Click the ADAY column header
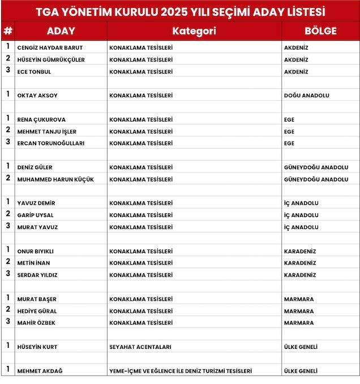click(x=61, y=31)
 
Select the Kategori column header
click(x=194, y=31)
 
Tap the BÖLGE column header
click(x=320, y=31)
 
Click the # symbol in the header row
click(x=8, y=31)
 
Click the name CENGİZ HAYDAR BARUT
click(x=50, y=48)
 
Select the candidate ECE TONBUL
click(x=35, y=72)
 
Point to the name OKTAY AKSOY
click(x=37, y=96)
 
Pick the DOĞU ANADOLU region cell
click(x=306, y=96)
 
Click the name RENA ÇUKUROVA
click(x=41, y=120)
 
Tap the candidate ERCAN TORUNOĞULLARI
click(x=51, y=144)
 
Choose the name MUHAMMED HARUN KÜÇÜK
click(x=55, y=179)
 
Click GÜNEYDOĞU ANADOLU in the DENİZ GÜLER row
click(x=316, y=167)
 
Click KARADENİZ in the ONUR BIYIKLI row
click(x=300, y=251)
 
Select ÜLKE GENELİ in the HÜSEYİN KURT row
click(x=301, y=347)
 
